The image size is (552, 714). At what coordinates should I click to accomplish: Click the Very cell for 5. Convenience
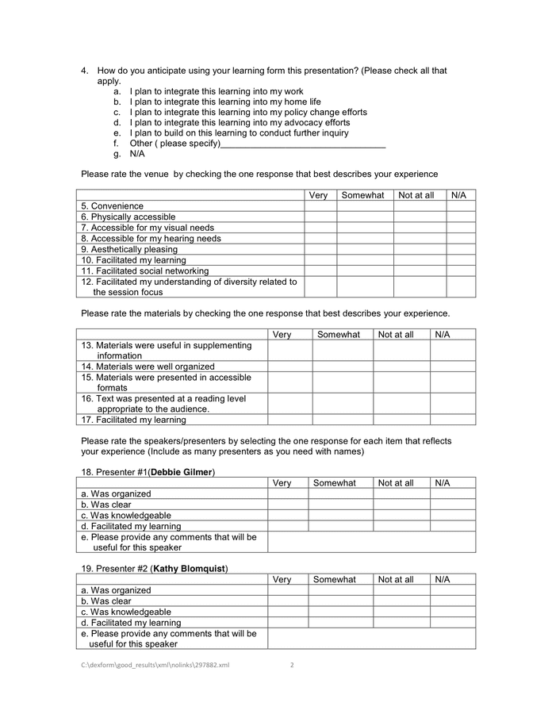pos(320,206)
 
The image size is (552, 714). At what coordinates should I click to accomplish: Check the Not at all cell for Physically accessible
pos(420,217)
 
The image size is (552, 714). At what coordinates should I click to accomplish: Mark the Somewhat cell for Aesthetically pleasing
pos(365,249)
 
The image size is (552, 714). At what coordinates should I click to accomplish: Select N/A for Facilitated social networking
pos(461,271)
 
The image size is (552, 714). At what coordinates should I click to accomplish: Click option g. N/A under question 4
pos(136,154)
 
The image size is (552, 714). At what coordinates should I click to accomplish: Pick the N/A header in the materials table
pos(442,334)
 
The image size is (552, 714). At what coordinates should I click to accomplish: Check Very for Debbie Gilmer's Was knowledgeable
pos(287,515)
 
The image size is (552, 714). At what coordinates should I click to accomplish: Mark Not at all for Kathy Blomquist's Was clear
pos(401,601)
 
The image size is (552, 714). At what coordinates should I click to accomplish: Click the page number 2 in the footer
pos(292,665)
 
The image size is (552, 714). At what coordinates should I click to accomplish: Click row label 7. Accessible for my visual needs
pos(148,228)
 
